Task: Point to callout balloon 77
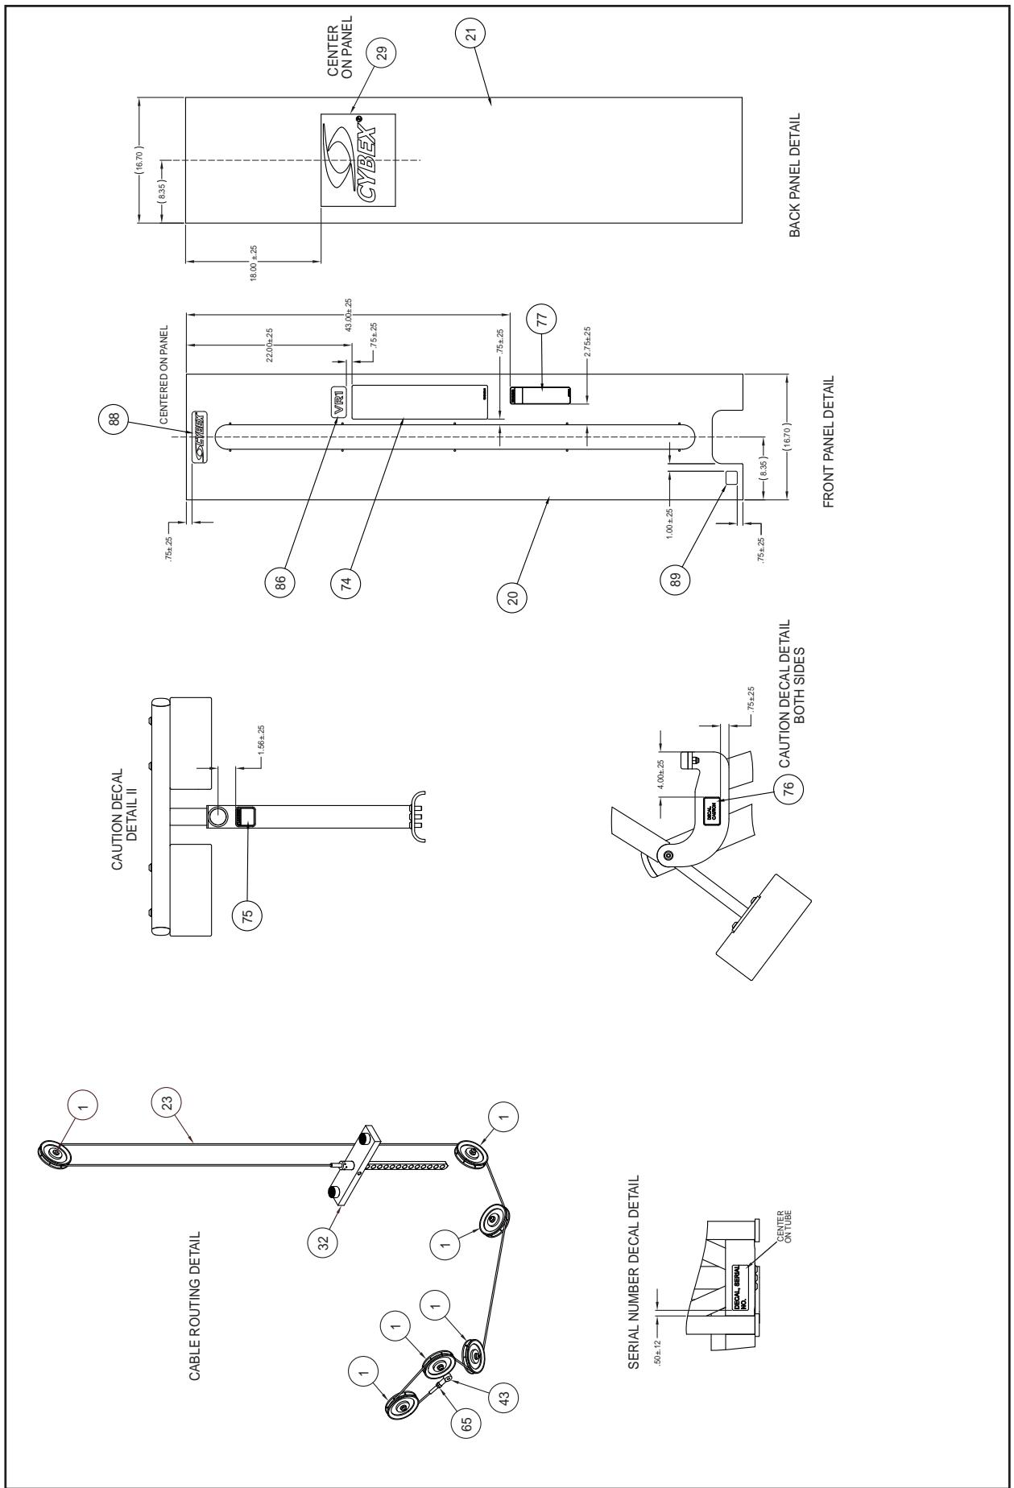point(541,320)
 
